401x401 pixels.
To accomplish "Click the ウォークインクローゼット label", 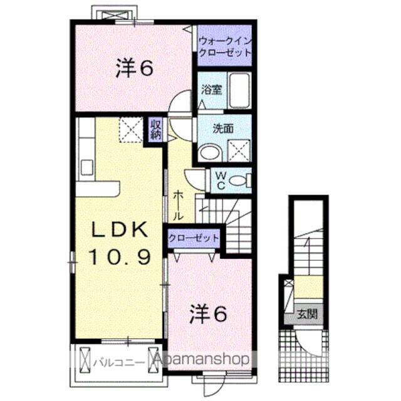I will click(224, 48).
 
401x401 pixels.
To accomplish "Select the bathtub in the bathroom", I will click(239, 91).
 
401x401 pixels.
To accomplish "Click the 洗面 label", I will click(222, 128).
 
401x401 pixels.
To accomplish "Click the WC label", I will click(221, 180).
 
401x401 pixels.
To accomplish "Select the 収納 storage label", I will click(155, 129).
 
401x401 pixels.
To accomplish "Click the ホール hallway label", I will click(177, 205).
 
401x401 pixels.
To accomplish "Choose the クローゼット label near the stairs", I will click(194, 238).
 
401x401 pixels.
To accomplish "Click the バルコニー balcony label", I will click(115, 362).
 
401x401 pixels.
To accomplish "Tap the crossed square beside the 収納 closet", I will click(132, 130).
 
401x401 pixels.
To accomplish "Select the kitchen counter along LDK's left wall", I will click(86, 150).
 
